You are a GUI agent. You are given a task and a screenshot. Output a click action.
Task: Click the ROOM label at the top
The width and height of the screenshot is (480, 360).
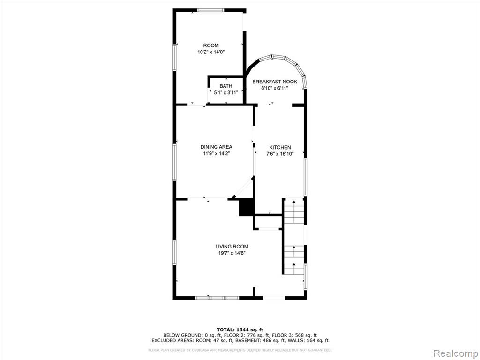pyautogui.click(x=211, y=45)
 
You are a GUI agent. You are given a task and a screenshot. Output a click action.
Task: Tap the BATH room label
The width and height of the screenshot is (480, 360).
pyautogui.click(x=225, y=86)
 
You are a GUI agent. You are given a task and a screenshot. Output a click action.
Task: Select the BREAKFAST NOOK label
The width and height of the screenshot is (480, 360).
pyautogui.click(x=275, y=82)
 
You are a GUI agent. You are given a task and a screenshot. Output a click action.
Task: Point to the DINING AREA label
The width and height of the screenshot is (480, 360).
pyautogui.click(x=216, y=147)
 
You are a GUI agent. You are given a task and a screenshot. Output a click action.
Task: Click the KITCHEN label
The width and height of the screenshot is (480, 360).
pyautogui.click(x=280, y=147)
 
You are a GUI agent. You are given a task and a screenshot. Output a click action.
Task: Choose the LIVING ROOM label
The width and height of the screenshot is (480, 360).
pyautogui.click(x=232, y=247)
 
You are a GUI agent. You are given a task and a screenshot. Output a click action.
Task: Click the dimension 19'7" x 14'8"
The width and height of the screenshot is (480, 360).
pyautogui.click(x=232, y=253)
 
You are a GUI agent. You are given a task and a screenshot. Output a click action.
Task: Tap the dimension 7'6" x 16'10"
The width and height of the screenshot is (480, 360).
pyautogui.click(x=280, y=154)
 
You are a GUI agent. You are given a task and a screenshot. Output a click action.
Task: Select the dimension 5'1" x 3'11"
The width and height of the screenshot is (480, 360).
pyautogui.click(x=225, y=92)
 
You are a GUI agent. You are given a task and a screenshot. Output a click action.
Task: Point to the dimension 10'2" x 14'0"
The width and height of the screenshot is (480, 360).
pyautogui.click(x=211, y=52)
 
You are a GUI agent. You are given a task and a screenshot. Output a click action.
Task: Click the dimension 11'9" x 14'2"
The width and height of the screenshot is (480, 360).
pyautogui.click(x=216, y=154)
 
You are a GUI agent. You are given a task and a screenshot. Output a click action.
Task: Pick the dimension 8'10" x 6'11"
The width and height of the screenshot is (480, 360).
pyautogui.click(x=275, y=88)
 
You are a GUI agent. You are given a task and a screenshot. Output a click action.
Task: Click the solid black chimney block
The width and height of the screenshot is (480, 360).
pyautogui.click(x=247, y=207)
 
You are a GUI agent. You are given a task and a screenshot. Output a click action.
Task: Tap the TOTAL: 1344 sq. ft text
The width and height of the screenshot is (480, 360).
pyautogui.click(x=240, y=330)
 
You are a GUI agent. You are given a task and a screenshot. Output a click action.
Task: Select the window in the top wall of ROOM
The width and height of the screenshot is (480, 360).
pyautogui.click(x=210, y=10)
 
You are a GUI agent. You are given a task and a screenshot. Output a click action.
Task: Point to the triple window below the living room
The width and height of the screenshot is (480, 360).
pyautogui.click(x=217, y=298)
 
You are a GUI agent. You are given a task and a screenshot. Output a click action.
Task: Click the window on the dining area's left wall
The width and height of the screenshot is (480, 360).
pyautogui.click(x=174, y=162)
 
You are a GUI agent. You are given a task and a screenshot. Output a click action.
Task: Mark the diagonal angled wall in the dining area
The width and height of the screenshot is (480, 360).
pyautogui.click(x=242, y=187)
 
